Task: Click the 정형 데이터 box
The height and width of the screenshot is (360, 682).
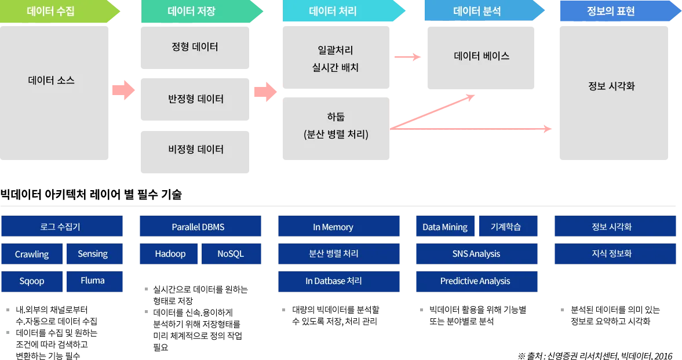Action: (x=195, y=46)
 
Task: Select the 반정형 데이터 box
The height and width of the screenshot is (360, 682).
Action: (x=195, y=98)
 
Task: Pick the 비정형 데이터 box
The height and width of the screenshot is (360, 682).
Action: (x=195, y=150)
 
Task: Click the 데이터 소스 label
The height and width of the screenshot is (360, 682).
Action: (x=52, y=81)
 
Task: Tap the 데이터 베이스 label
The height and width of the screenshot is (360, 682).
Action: (x=482, y=56)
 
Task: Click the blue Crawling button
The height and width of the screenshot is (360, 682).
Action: (x=32, y=254)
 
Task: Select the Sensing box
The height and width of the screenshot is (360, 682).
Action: (x=93, y=254)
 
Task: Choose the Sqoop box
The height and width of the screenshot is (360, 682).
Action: (x=32, y=281)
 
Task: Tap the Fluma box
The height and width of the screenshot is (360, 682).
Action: (x=93, y=281)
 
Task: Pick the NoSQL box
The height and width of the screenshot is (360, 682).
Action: (x=231, y=254)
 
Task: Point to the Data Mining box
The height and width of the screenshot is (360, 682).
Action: (x=445, y=227)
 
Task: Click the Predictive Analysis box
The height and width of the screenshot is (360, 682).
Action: (x=475, y=281)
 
